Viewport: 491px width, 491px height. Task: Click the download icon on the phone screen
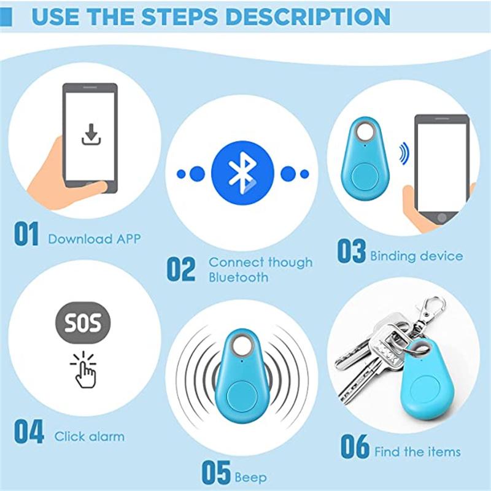[x=90, y=134]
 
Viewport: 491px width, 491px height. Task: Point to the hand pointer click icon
[x=84, y=369]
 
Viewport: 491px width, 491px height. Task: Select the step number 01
[x=26, y=235]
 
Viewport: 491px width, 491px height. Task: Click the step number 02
[x=181, y=269]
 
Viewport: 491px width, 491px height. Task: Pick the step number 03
[x=351, y=252]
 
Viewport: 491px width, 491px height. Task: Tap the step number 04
[x=29, y=433]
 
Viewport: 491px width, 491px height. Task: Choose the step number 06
[x=355, y=447]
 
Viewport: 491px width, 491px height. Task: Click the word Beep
[x=250, y=477]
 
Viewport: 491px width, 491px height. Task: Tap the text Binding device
[x=416, y=255]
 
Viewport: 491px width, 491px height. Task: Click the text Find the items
[x=417, y=452]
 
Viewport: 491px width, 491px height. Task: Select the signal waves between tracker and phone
[x=403, y=153]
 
